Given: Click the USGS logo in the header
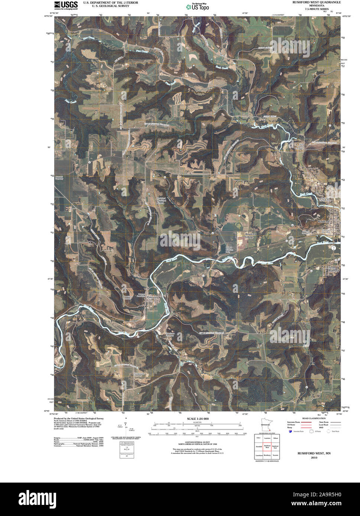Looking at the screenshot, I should (66, 5).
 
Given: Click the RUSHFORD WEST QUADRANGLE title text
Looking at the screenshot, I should (316, 2).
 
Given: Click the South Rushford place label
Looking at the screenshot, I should (333, 269).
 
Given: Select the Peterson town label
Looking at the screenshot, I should (152, 297).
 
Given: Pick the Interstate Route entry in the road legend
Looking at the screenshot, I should (293, 422).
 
